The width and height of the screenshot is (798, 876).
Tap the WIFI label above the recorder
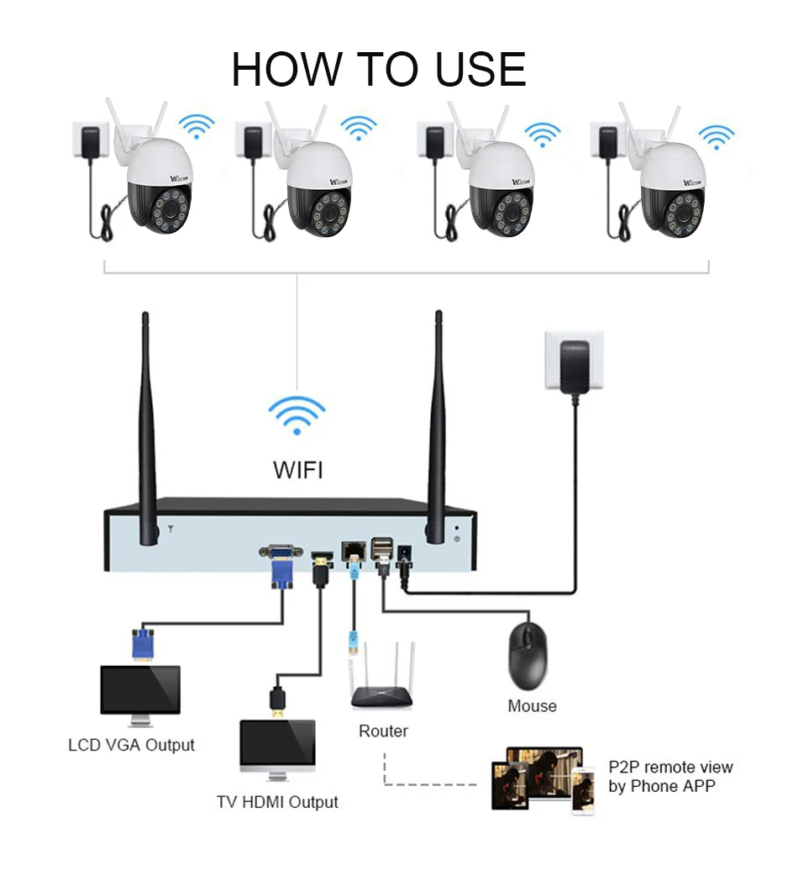click(297, 469)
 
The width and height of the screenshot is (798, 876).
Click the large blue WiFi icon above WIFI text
click(297, 414)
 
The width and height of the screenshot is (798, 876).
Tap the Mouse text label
click(532, 706)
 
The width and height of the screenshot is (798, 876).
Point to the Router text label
click(383, 731)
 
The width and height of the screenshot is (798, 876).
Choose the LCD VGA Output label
click(131, 745)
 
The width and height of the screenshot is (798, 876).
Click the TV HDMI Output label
click(277, 802)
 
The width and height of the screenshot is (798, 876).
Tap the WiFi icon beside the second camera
click(359, 129)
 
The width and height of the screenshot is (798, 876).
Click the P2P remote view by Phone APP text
click(669, 777)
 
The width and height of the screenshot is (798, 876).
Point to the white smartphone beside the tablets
click(582, 790)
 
